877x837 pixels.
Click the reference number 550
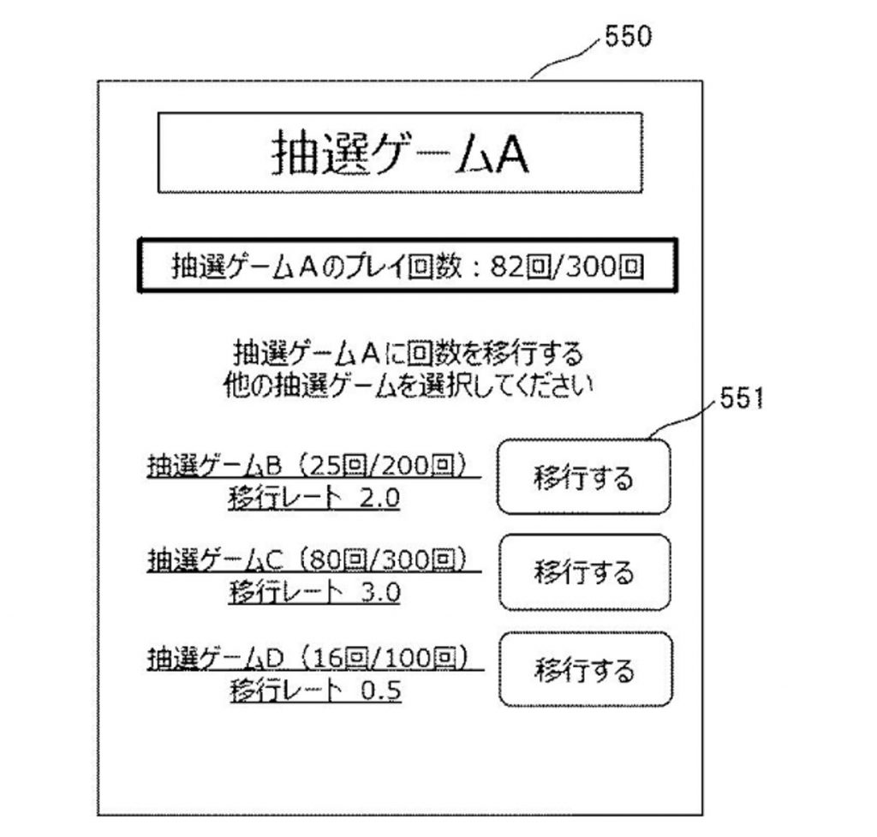628,37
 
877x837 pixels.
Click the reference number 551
741,399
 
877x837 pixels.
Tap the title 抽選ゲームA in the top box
401,152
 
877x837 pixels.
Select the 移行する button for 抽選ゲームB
584,476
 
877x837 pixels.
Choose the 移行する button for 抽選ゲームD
585,669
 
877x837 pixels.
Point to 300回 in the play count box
605,267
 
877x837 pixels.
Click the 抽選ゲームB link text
215,465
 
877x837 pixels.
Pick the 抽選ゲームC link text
216,560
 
